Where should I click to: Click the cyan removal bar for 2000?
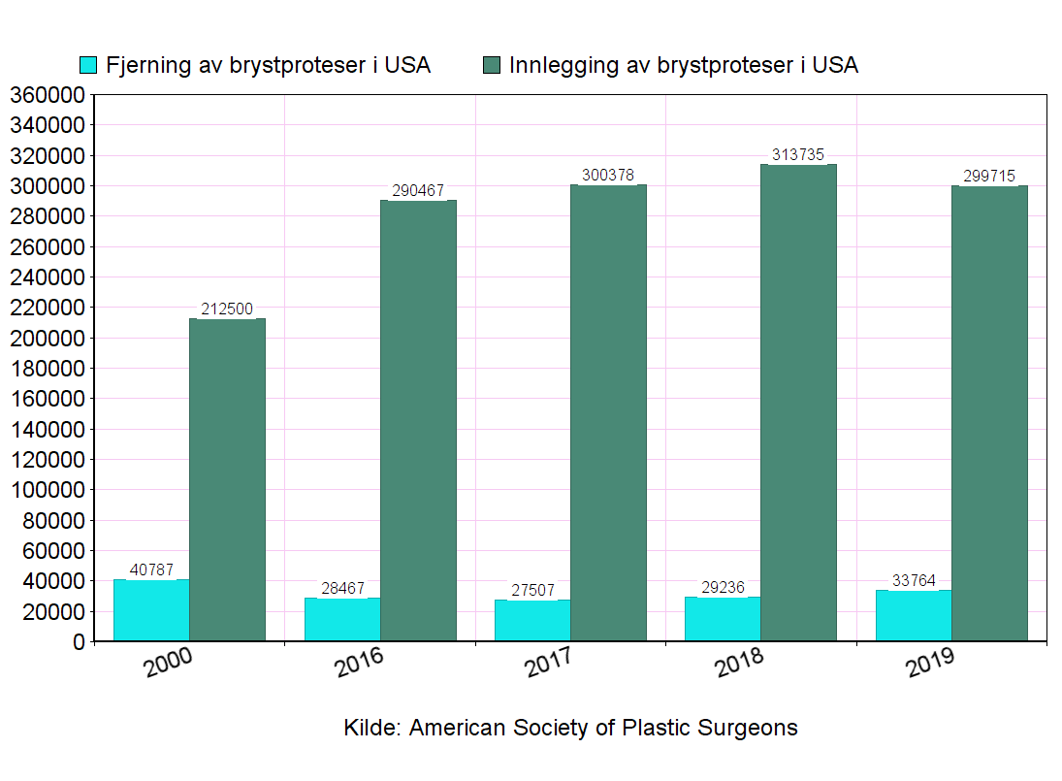[x=151, y=610]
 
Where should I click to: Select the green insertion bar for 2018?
[x=798, y=403]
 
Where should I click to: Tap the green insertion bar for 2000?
[x=227, y=479]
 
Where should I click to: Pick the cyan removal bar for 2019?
[x=913, y=615]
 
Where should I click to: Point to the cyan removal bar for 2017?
[x=531, y=620]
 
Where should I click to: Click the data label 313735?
[x=798, y=154]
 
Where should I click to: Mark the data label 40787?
[x=151, y=569]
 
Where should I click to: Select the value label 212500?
[x=227, y=309]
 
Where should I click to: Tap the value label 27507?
[x=531, y=590]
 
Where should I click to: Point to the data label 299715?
[x=989, y=176]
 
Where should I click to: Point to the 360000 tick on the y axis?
[x=47, y=95]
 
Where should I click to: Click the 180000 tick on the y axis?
[x=47, y=369]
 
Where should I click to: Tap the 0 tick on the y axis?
[x=79, y=642]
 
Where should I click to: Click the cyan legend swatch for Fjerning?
[x=88, y=65]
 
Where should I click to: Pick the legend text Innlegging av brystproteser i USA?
[x=683, y=65]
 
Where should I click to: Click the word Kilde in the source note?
[x=371, y=728]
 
